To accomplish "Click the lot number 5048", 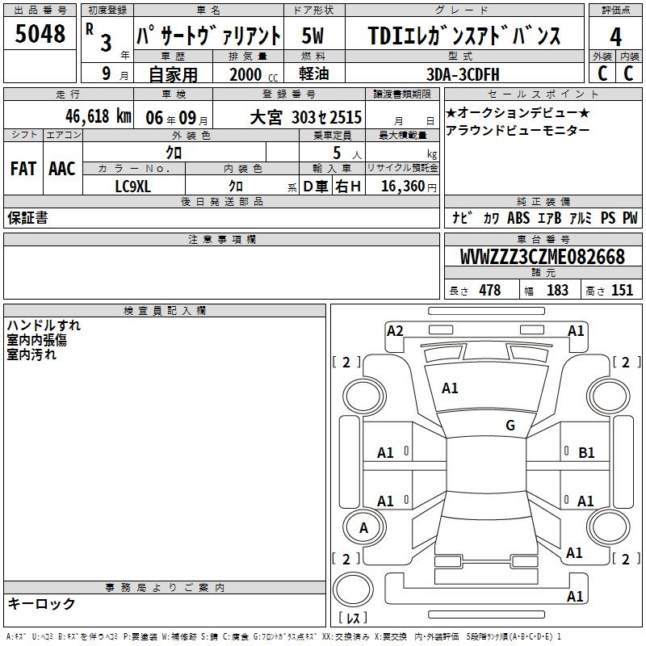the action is [40, 34].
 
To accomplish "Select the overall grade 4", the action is [615, 37].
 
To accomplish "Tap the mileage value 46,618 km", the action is [99, 116].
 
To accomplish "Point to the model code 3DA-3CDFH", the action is [463, 74].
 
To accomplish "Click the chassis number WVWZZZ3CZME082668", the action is [543, 257].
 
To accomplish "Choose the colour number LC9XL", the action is [132, 187].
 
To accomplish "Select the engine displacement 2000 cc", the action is [254, 74].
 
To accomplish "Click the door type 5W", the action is [313, 36].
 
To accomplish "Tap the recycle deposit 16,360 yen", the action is [409, 187].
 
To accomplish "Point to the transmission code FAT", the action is [23, 169].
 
